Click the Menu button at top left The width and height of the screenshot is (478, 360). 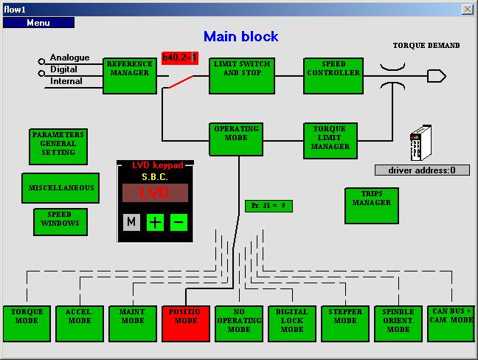click(x=38, y=23)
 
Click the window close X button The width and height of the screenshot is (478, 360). click(x=467, y=9)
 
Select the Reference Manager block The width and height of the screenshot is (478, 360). click(x=130, y=75)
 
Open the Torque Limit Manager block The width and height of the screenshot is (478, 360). click(x=330, y=140)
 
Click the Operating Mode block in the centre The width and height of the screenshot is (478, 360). click(x=236, y=139)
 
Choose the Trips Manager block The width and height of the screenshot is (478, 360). click(x=372, y=204)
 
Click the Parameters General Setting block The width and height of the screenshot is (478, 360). click(x=58, y=147)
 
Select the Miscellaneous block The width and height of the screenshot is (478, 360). click(x=60, y=188)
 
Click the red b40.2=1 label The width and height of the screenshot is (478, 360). click(x=180, y=58)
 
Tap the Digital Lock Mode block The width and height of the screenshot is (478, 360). click(x=292, y=323)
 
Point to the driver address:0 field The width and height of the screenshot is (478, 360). click(x=422, y=170)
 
